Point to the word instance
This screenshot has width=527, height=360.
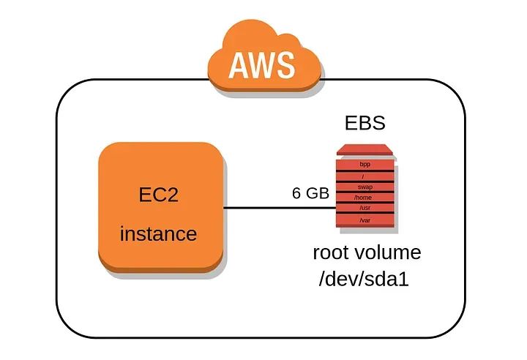pyautogui.click(x=158, y=234)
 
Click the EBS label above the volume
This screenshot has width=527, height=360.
pyautogui.click(x=365, y=123)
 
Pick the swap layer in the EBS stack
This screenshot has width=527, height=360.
pyautogui.click(x=365, y=187)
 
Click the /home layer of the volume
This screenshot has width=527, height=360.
pyautogui.click(x=365, y=198)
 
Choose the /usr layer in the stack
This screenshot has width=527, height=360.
pyautogui.click(x=365, y=208)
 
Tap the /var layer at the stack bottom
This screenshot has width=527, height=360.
pyautogui.click(x=365, y=220)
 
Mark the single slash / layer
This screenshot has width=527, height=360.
pyautogui.click(x=365, y=177)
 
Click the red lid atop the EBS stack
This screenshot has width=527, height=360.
pyautogui.click(x=365, y=151)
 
